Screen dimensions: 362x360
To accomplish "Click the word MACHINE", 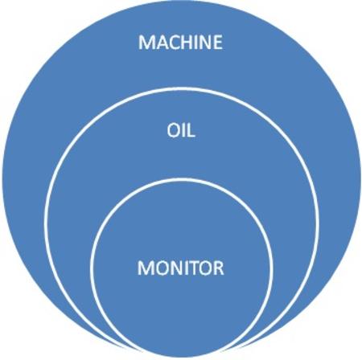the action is coord(180,42).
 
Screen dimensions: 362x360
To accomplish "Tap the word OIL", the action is coord(181,131).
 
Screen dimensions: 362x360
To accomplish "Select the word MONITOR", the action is coord(180,268).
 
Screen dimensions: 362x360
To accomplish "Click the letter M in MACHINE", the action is coord(146,42).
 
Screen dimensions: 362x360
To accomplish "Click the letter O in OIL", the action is coord(174,131).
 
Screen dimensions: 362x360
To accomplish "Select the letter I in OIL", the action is coord(183,131).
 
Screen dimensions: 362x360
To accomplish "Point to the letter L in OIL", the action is coord(191,131).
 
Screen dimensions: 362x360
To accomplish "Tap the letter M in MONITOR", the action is coord(145,268).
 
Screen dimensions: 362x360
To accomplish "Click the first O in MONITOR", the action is coord(162,268).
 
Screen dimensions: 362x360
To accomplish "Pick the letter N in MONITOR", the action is coord(177,268).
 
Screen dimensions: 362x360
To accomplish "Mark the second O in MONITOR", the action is coord(206,268).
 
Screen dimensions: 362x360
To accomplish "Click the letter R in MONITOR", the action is coord(220,268).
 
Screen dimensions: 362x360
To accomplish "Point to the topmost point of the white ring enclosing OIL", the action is coord(181,88).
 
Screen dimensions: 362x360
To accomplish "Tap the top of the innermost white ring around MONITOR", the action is coord(181,179).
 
